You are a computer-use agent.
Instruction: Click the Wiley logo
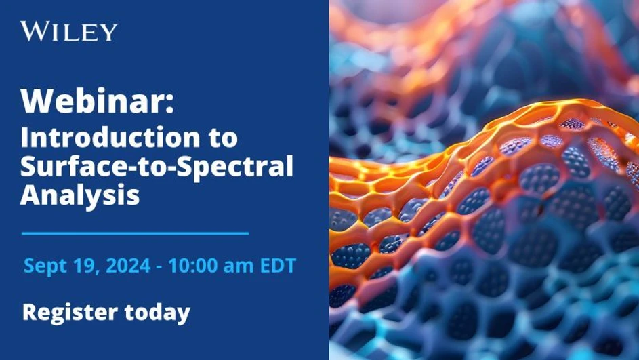68,31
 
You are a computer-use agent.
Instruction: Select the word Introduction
101,138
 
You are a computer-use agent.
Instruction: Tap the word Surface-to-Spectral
157,167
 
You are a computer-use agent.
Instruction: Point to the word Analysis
79,195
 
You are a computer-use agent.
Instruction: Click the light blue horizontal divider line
135,233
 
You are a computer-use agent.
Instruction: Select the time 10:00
193,266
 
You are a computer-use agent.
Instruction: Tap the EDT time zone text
278,266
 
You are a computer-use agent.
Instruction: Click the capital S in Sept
29,266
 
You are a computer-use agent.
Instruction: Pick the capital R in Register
29,313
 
